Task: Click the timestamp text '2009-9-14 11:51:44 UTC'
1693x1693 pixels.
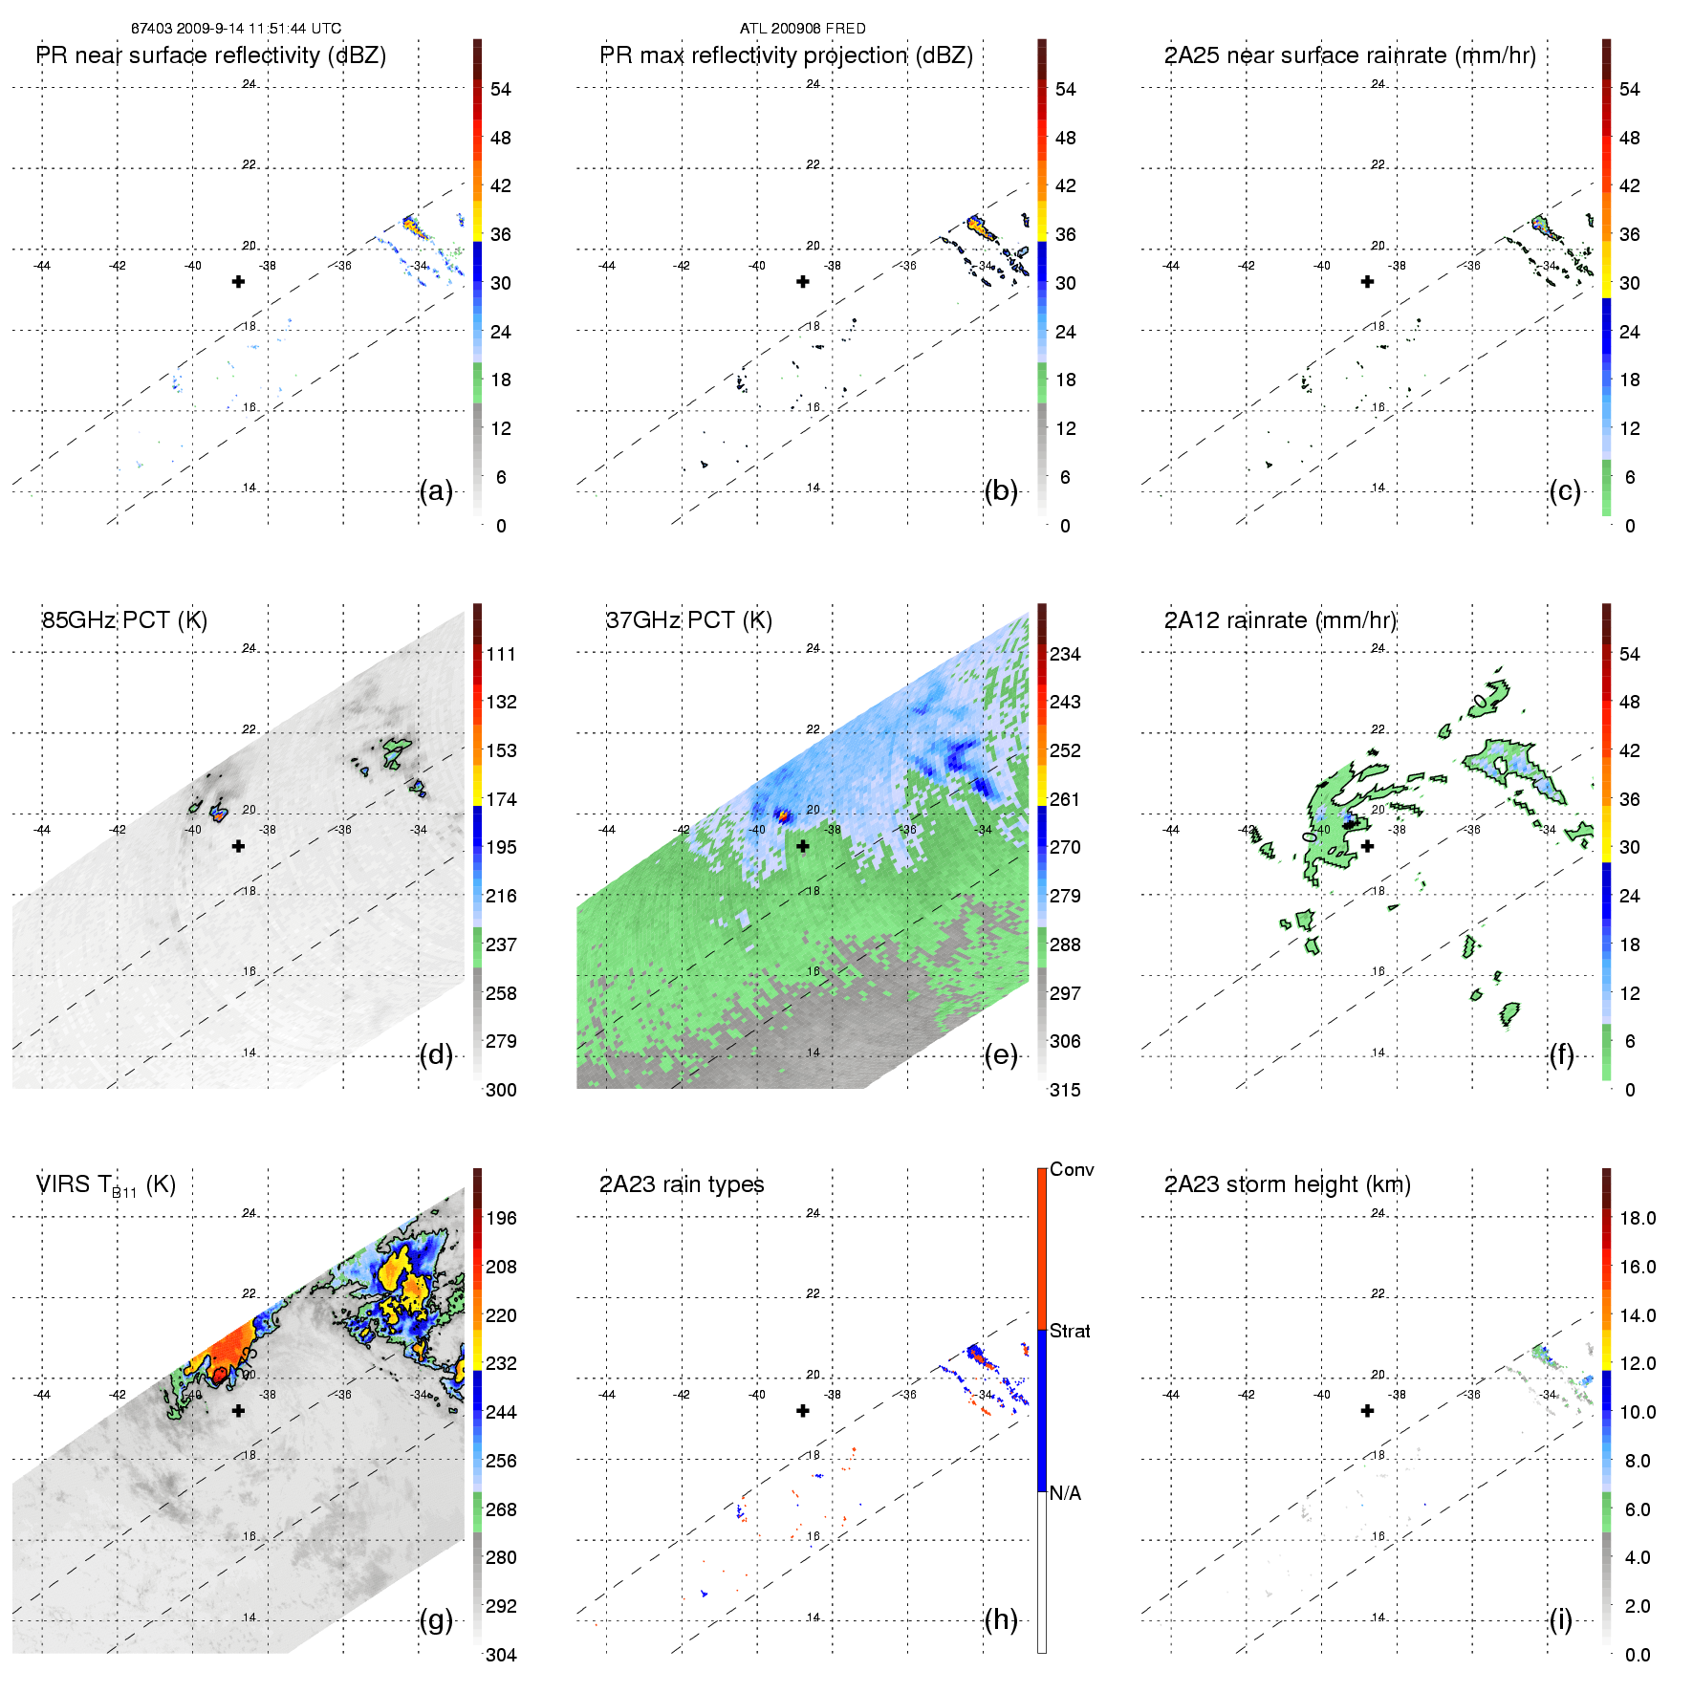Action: click(258, 29)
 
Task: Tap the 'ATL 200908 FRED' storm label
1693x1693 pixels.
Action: click(802, 29)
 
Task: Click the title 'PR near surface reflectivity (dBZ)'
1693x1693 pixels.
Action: click(211, 55)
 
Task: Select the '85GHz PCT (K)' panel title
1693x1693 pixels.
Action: click(124, 620)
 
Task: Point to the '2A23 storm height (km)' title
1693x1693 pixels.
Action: click(1287, 1184)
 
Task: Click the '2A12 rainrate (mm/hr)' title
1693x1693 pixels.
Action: click(1280, 620)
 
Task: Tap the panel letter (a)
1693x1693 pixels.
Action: click(436, 490)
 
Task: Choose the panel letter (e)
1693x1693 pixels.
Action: click(1001, 1054)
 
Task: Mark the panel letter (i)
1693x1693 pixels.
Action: click(1561, 1619)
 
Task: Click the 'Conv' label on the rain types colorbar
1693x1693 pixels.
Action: click(1072, 1169)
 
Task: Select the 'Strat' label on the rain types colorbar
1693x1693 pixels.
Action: click(1070, 1331)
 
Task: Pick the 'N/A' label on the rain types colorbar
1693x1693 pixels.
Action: click(1065, 1493)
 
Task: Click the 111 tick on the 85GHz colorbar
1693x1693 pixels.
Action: click(501, 654)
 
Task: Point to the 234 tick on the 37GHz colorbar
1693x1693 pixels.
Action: click(1065, 654)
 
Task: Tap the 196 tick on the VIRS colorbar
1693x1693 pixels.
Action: click(501, 1218)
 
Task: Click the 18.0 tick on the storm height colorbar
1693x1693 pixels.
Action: click(1637, 1218)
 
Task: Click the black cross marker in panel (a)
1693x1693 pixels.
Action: click(238, 281)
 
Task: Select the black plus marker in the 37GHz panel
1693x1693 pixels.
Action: click(803, 846)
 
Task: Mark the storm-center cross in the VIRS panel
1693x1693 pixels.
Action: click(238, 1410)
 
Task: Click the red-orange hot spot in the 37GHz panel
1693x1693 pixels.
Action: click(784, 815)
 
